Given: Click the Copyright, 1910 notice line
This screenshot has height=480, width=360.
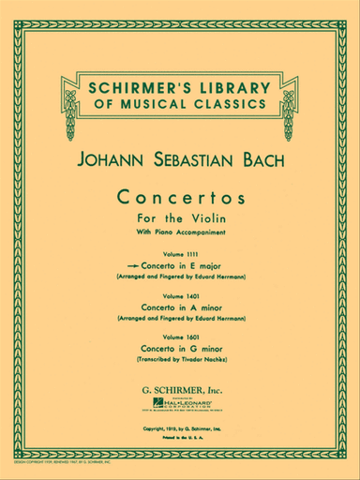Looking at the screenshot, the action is (x=180, y=397).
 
